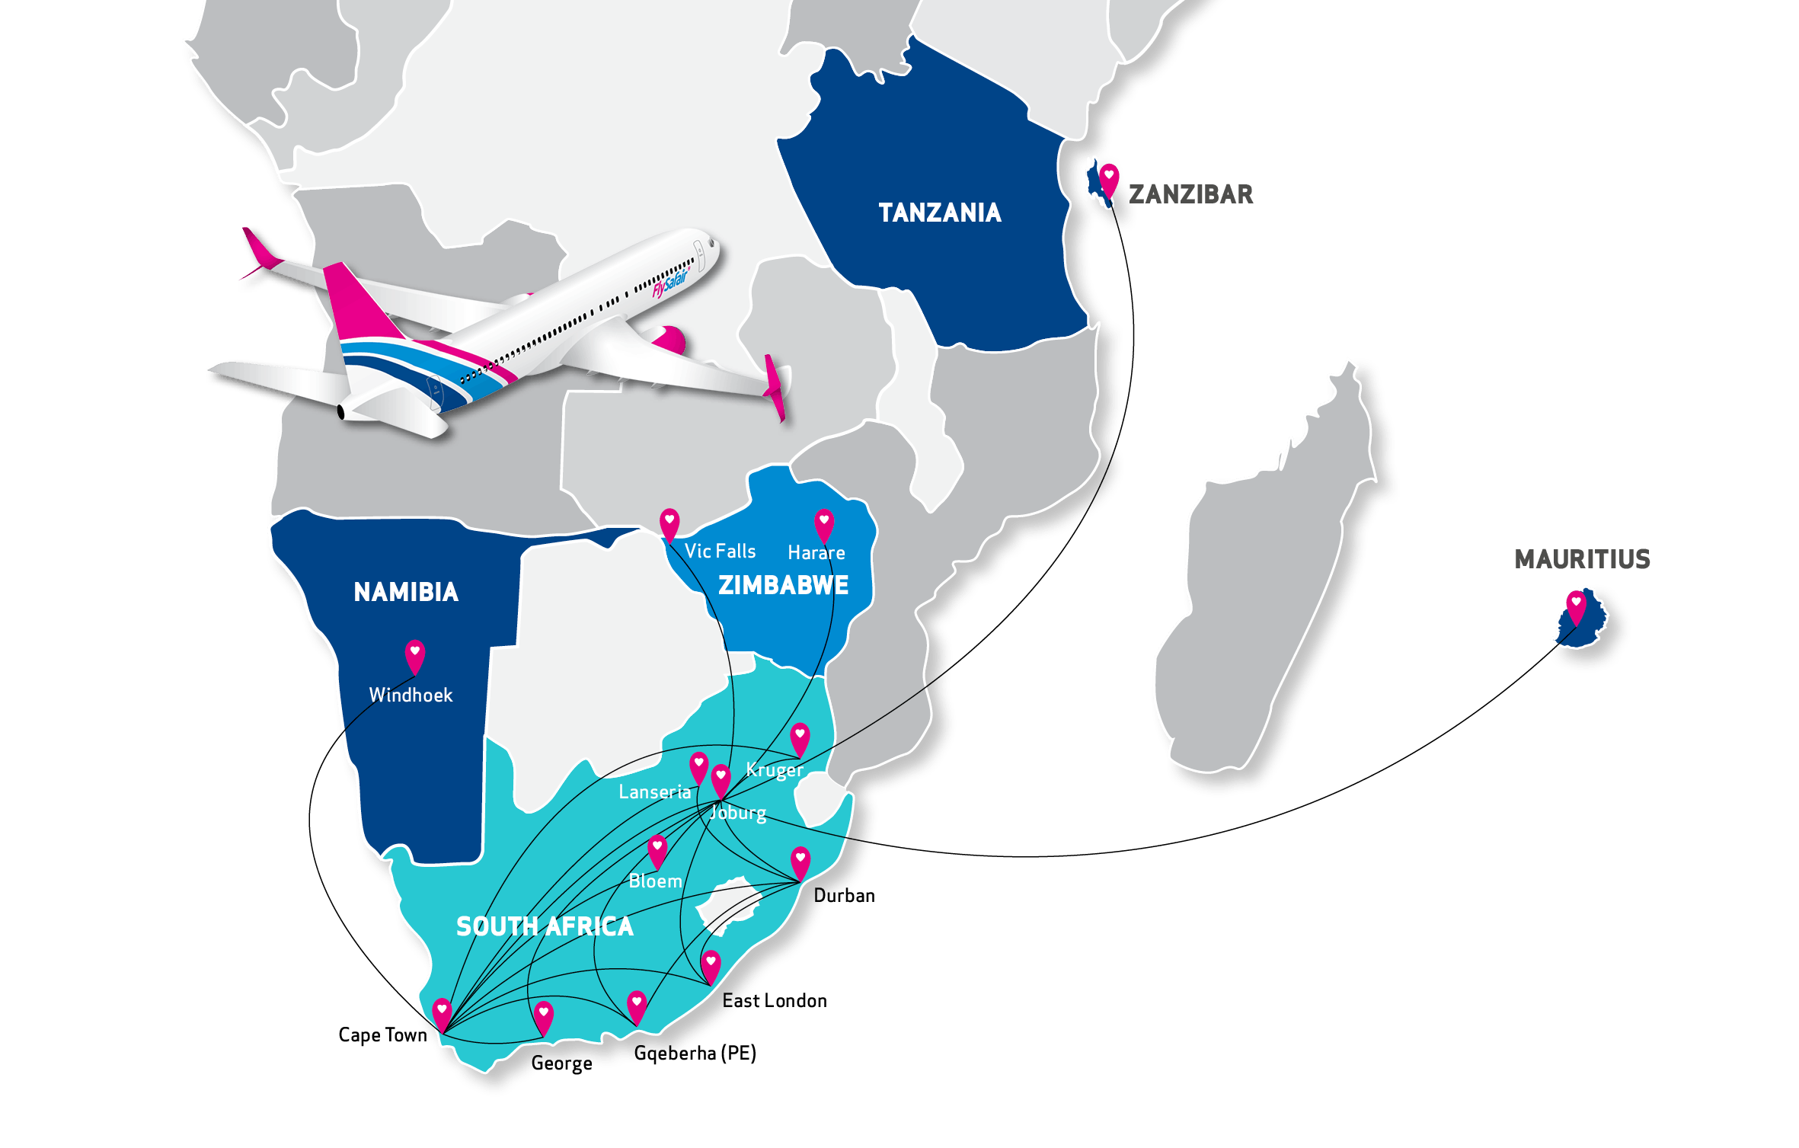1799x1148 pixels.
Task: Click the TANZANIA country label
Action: coord(939,213)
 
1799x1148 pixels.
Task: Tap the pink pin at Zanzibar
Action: coord(1109,177)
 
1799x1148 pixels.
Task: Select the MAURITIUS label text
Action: coord(1582,559)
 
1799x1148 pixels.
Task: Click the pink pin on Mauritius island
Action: coord(1576,606)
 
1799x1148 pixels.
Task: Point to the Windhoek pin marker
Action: coord(414,654)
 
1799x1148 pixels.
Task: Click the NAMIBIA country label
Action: coord(406,592)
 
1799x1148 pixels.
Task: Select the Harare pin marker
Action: coord(823,523)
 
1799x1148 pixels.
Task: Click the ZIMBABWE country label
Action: coord(783,585)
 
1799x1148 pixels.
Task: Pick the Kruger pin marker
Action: coord(799,737)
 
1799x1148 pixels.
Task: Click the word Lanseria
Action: coord(654,792)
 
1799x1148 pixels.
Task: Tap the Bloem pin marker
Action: coord(657,849)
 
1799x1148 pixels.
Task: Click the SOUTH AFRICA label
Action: coord(545,926)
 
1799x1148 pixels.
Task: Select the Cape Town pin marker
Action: coord(442,1013)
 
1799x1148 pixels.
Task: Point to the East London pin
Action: coord(710,965)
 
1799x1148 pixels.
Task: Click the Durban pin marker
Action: coord(800,862)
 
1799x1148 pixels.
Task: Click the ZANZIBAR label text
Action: coord(1190,194)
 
